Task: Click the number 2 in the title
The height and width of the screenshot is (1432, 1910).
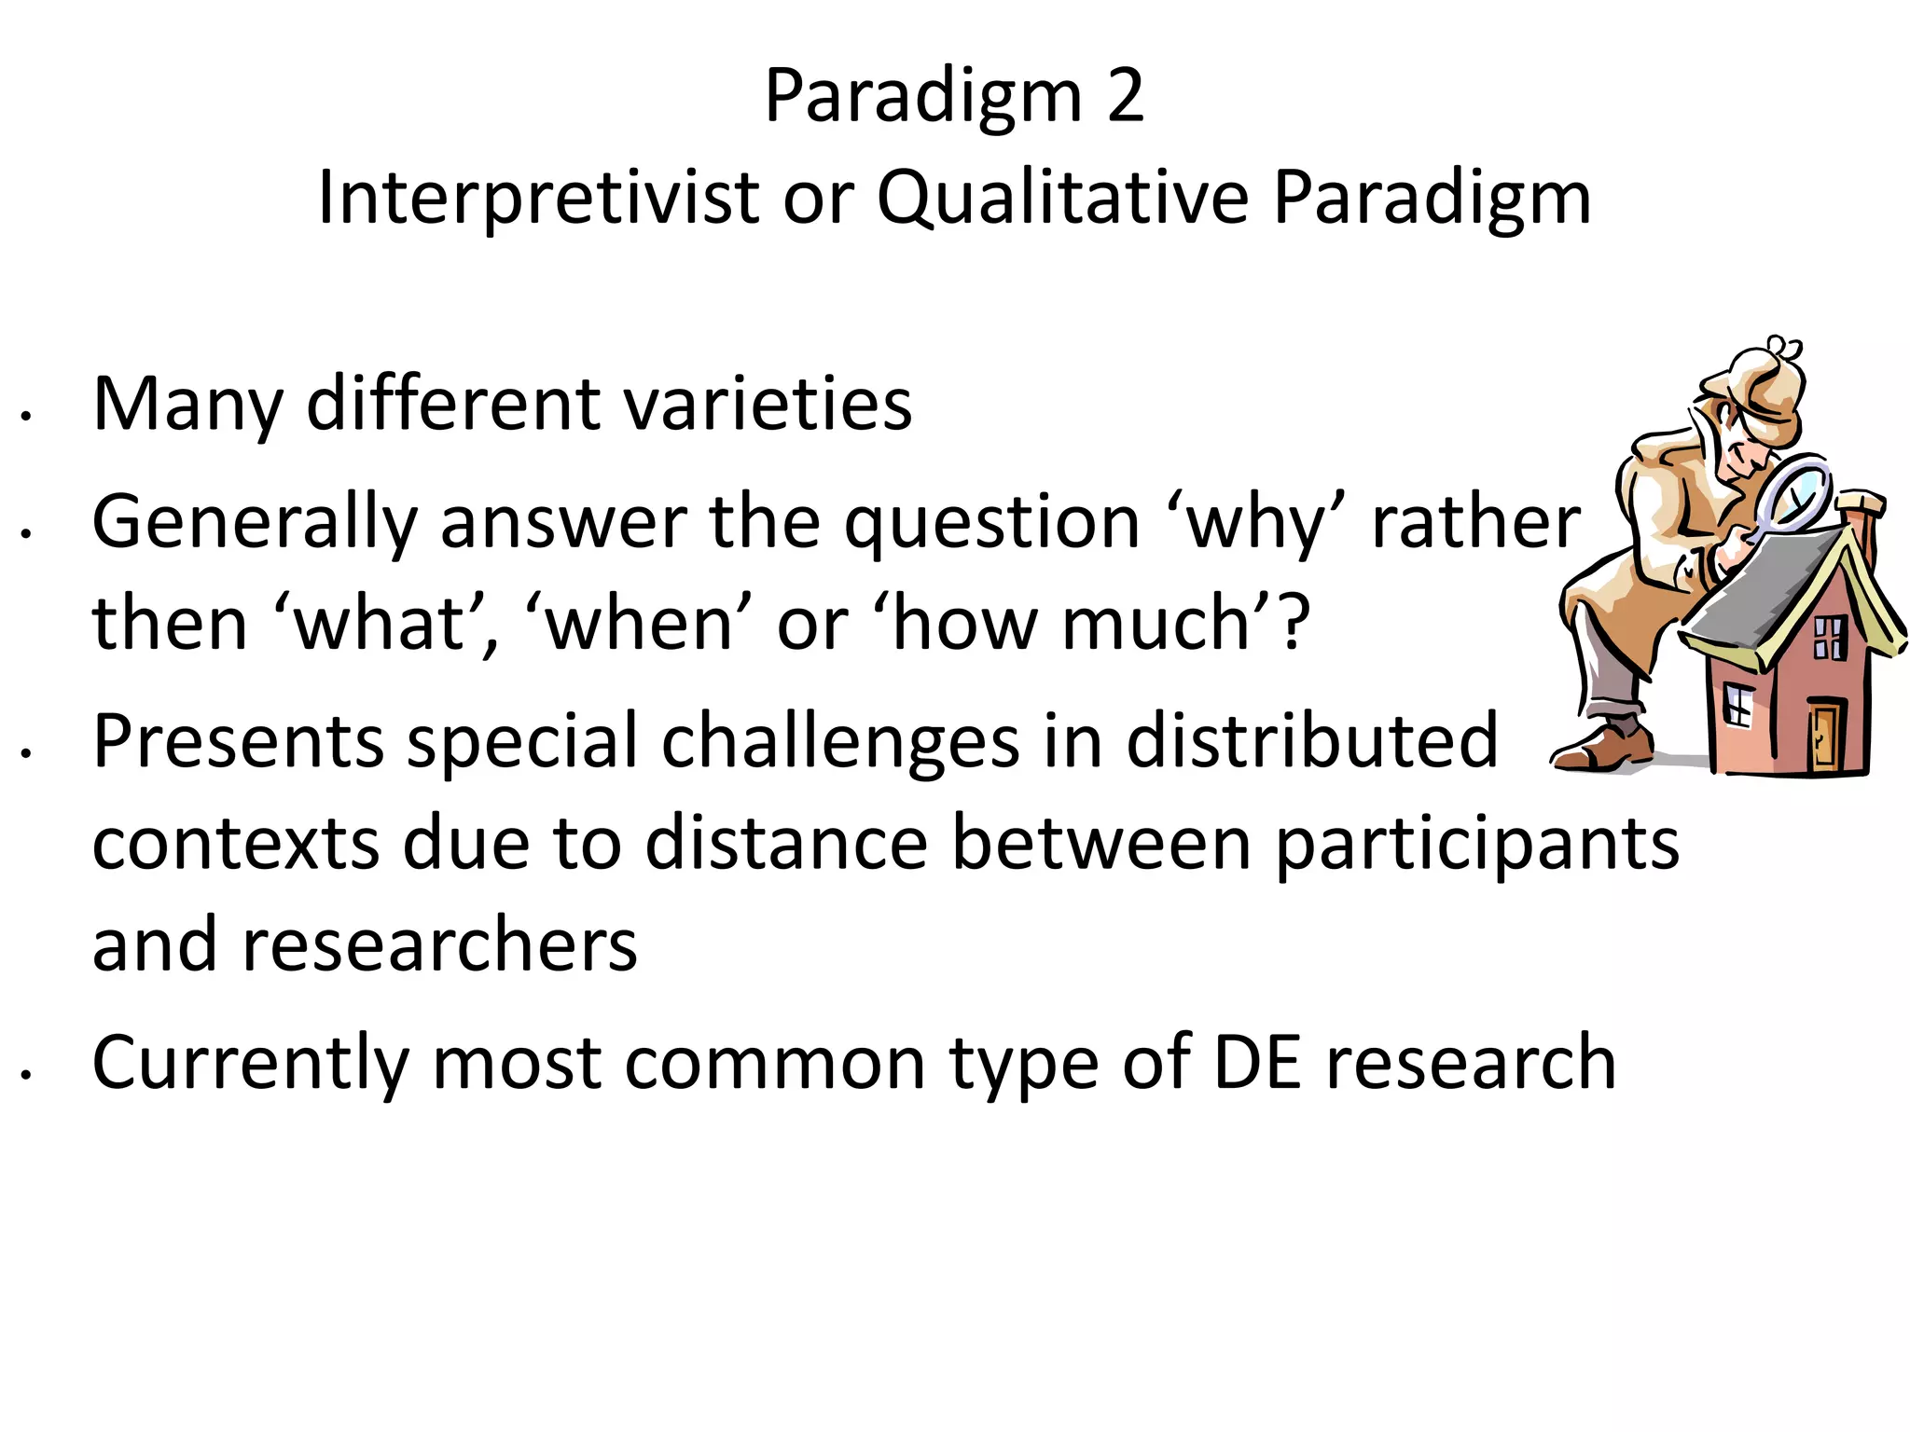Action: (1126, 96)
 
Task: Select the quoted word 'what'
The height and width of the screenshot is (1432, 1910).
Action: (387, 624)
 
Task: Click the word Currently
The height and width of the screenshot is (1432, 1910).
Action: (250, 1065)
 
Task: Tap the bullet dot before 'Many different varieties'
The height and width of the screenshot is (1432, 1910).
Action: (28, 417)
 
